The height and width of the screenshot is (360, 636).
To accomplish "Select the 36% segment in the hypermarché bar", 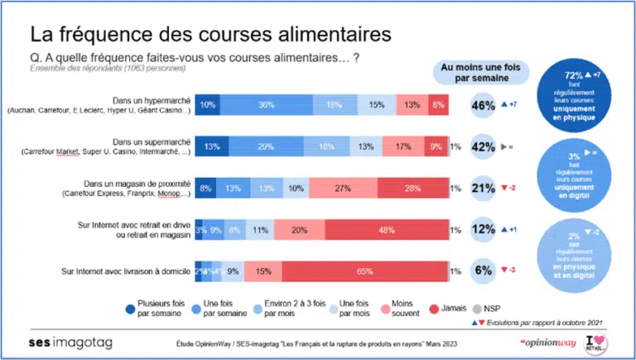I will [x=267, y=105].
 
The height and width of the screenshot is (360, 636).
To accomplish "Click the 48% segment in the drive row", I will [x=385, y=229].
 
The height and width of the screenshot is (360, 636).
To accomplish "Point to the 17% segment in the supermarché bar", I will [x=403, y=146].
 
